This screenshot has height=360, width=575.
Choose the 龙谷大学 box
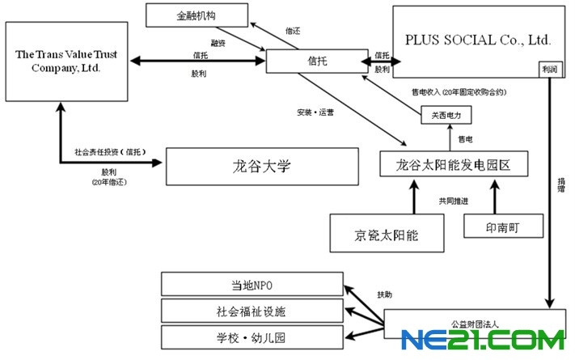click(261, 167)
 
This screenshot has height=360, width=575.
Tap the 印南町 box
click(502, 227)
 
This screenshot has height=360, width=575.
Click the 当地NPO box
click(252, 285)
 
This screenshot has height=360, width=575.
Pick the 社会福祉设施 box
click(252, 310)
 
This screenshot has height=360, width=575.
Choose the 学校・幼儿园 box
click(252, 336)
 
